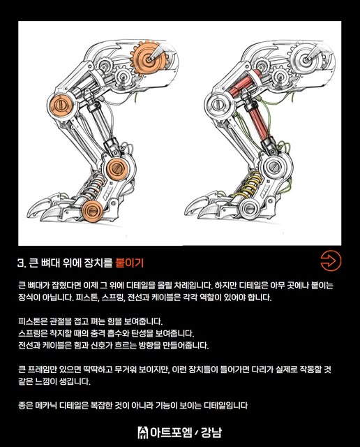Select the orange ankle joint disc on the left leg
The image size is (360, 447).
(x=117, y=169)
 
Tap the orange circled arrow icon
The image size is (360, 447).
(x=331, y=261)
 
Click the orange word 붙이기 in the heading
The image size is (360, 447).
(x=130, y=263)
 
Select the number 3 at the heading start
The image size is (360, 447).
(x=21, y=263)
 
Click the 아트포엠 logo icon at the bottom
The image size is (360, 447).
(x=143, y=432)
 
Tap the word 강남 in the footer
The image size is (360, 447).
(x=211, y=432)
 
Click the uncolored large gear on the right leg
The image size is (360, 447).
(x=306, y=59)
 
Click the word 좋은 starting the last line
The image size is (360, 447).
(x=26, y=406)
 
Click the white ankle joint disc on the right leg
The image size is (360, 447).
(x=275, y=166)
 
